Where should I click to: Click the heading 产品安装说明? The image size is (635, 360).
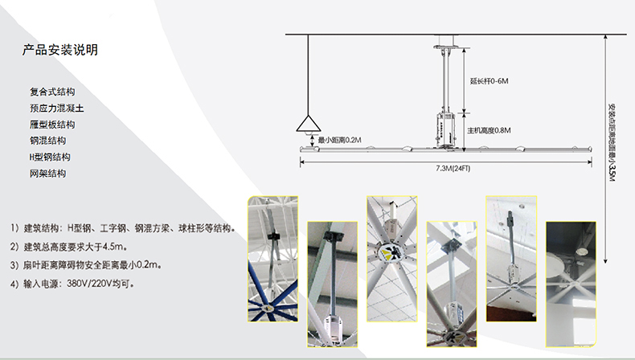coord(60,51)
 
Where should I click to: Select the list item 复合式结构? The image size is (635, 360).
coord(52,92)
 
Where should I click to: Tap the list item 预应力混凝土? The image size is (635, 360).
coord(52,108)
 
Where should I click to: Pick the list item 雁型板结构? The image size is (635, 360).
coord(52,125)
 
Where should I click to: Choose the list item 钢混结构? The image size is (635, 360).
coord(47,141)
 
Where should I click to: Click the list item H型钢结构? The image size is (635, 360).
coord(50,157)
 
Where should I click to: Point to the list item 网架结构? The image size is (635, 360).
coord(47,173)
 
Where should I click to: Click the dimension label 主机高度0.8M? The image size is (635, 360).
coord(490,130)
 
